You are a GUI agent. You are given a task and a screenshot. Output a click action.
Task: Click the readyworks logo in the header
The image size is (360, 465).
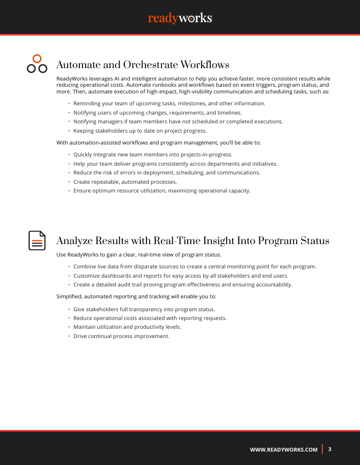click(x=180, y=18)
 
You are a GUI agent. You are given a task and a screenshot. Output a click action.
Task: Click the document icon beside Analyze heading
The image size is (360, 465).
click(x=37, y=241)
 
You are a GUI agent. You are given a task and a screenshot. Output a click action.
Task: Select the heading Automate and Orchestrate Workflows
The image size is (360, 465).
click(x=142, y=65)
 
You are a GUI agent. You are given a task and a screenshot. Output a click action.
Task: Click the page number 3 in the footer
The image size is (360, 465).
click(x=330, y=449)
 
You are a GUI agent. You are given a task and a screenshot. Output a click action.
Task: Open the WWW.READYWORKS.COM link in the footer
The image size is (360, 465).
click(x=284, y=450)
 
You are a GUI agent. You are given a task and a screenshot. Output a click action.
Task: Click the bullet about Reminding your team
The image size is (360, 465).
click(x=169, y=103)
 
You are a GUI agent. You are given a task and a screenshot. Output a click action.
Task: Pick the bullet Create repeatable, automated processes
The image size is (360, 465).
click(x=125, y=182)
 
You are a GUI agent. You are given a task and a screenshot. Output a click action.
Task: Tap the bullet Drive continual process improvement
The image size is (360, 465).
click(x=121, y=336)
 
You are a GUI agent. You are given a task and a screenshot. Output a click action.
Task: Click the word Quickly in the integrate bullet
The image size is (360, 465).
click(x=83, y=154)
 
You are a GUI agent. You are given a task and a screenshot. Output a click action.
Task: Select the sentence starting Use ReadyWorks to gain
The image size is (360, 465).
click(x=139, y=255)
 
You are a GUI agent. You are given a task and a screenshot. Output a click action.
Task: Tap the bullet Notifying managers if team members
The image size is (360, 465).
click(x=178, y=122)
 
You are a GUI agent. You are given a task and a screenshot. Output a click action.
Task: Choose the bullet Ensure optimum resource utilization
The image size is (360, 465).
click(x=161, y=191)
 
